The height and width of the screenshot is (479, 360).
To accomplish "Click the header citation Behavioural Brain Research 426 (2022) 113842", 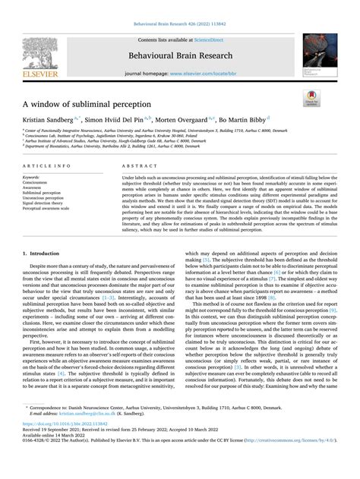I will (x=180, y=24).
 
